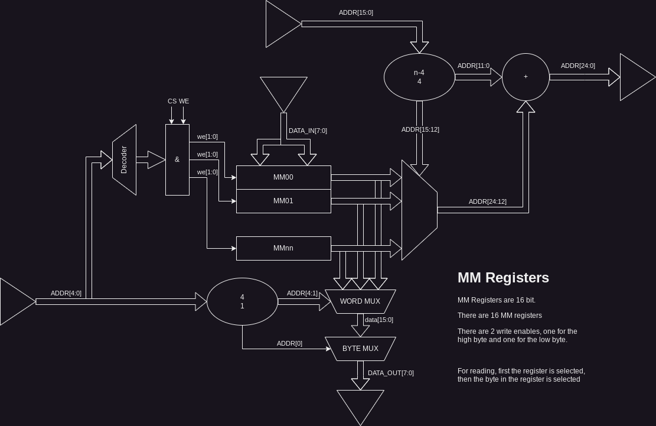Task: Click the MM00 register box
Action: (283, 177)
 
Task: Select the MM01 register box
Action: (283, 201)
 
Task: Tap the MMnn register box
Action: (283, 248)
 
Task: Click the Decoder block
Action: (124, 160)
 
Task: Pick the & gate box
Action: (177, 160)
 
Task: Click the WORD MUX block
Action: (360, 301)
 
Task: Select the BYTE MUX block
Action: (360, 349)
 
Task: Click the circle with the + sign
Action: (526, 77)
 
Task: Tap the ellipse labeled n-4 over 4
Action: (419, 77)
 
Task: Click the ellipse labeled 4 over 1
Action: (242, 301)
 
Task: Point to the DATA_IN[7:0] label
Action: (307, 131)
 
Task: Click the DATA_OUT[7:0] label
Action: (390, 373)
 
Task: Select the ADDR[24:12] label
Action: (487, 201)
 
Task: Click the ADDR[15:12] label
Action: (420, 129)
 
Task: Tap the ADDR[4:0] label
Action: (66, 293)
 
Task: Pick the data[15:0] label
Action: (378, 320)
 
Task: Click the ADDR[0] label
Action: (289, 343)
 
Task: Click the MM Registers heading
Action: (503, 278)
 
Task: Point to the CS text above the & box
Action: (172, 101)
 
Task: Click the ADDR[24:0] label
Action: (577, 66)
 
